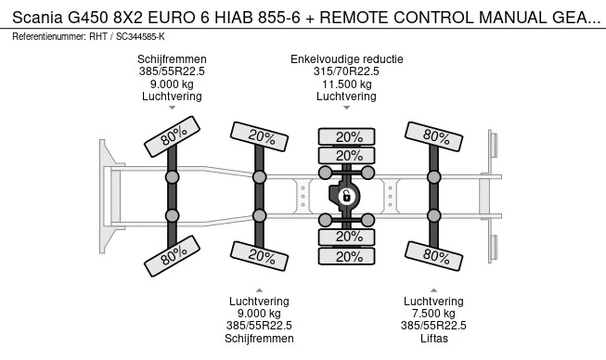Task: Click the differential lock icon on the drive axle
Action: pyautogui.click(x=347, y=196)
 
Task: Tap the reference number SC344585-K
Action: pyautogui.click(x=140, y=37)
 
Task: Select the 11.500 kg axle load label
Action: pyautogui.click(x=347, y=84)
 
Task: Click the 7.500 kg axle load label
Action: pyautogui.click(x=433, y=314)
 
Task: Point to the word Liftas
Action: pyautogui.click(x=434, y=339)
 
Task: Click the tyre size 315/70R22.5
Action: pyautogui.click(x=346, y=71)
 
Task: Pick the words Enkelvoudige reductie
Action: pyautogui.click(x=347, y=59)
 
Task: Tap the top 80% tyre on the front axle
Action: pyautogui.click(x=172, y=136)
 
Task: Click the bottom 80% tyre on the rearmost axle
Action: pyautogui.click(x=433, y=256)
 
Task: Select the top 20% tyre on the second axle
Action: pyautogui.click(x=259, y=136)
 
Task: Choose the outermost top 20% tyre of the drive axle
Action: pyautogui.click(x=347, y=136)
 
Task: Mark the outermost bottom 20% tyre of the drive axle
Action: pyautogui.click(x=347, y=256)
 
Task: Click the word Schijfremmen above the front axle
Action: pyautogui.click(x=172, y=59)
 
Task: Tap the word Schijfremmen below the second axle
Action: pyautogui.click(x=259, y=339)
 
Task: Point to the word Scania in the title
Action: pyautogui.click(x=37, y=18)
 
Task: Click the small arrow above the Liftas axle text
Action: pyautogui.click(x=433, y=290)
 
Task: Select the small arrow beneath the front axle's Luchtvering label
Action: pyautogui.click(x=172, y=108)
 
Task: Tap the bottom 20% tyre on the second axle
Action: pyautogui.click(x=259, y=256)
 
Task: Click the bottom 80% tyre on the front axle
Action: pyautogui.click(x=172, y=256)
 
